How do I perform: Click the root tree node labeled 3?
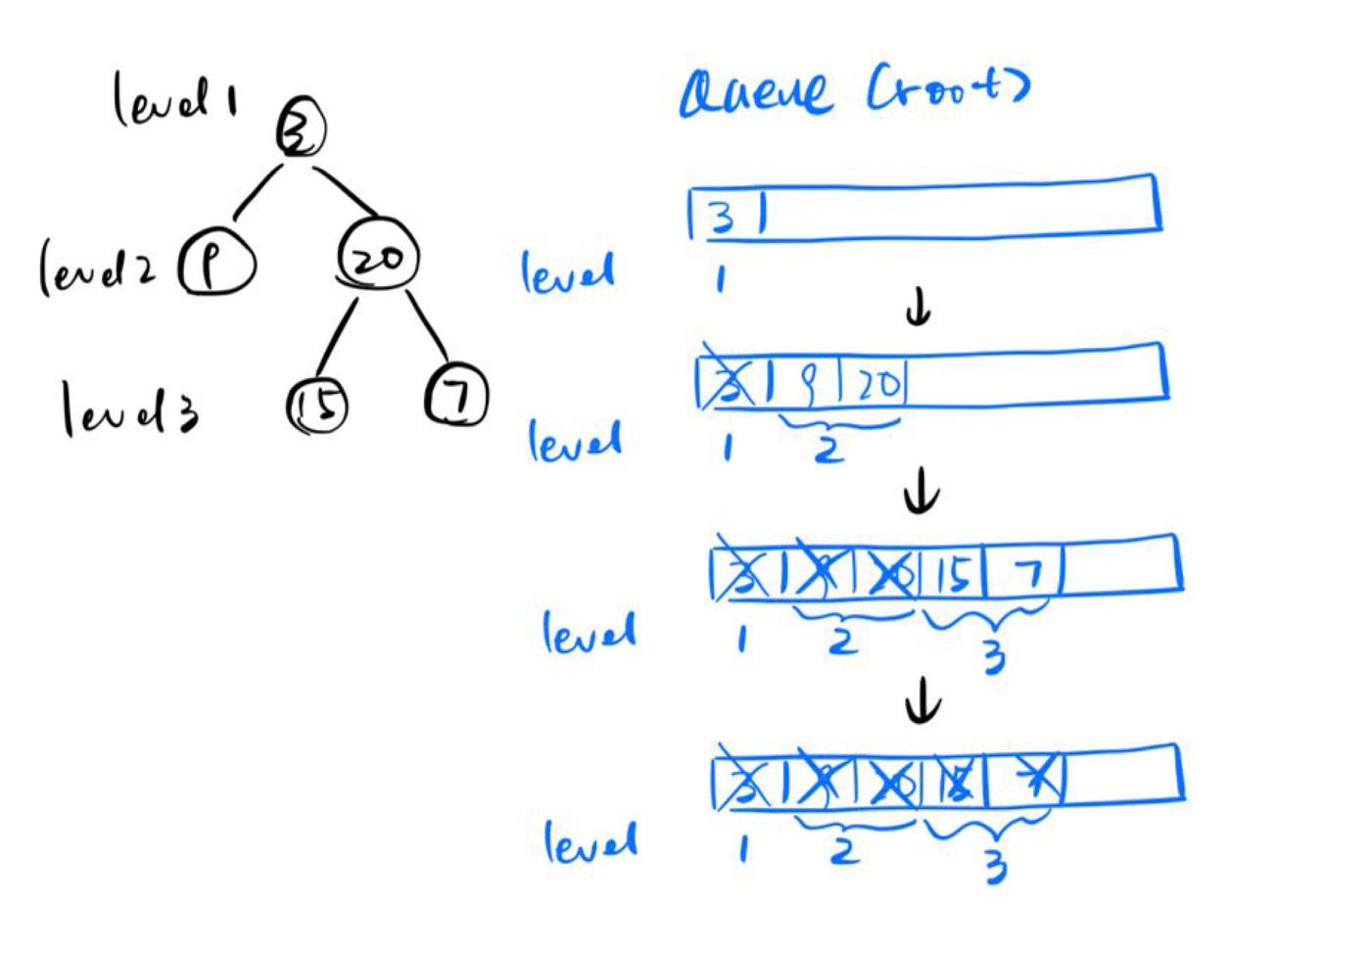click(x=300, y=129)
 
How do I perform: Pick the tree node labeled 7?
click(x=456, y=395)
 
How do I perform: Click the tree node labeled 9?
click(x=216, y=263)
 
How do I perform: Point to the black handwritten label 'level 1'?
click(x=174, y=99)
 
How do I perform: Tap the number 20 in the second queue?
click(x=878, y=383)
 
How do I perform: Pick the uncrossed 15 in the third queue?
click(x=953, y=575)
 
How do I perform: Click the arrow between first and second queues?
click(x=918, y=310)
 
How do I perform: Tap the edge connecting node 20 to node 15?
click(x=336, y=335)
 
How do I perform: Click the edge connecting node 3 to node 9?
click(x=257, y=192)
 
